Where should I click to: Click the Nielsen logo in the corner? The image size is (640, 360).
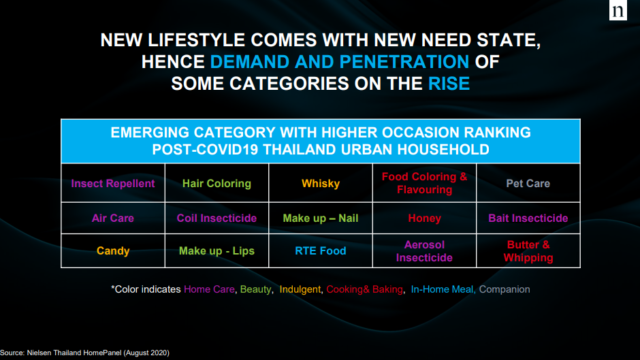click(x=618, y=10)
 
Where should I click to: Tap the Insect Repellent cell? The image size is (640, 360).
click(x=113, y=183)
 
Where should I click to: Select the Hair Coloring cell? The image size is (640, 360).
click(x=217, y=183)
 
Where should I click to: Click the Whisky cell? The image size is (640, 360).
click(x=320, y=183)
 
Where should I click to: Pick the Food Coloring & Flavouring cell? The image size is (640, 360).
click(x=424, y=183)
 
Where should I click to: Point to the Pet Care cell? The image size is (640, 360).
click(x=528, y=183)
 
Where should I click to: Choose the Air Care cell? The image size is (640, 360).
click(x=113, y=218)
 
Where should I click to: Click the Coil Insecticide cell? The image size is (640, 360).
click(x=217, y=218)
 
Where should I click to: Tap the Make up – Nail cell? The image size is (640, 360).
click(x=320, y=218)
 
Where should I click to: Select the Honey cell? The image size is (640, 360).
click(x=424, y=218)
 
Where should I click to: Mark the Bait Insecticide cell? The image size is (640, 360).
click(x=528, y=218)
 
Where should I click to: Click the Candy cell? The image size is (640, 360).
click(x=113, y=251)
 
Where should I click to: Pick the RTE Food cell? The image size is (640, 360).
click(x=320, y=251)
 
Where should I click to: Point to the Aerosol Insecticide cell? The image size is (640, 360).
click(x=424, y=251)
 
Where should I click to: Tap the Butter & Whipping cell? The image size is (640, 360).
click(x=528, y=251)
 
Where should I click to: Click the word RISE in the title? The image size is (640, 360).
click(x=449, y=84)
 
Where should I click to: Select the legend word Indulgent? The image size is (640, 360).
click(x=300, y=289)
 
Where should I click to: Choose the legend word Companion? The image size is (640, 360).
click(x=504, y=289)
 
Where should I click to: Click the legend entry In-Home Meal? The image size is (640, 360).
click(x=442, y=289)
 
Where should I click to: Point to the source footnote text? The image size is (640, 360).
click(x=84, y=353)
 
